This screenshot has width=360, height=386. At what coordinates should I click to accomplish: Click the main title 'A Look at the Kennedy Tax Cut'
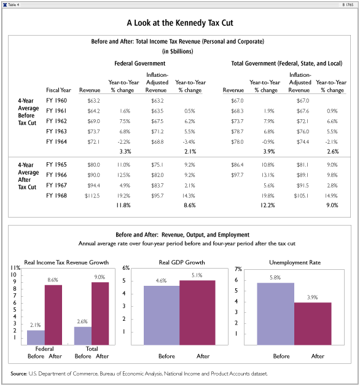[180, 23]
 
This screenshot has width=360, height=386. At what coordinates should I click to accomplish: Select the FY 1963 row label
[57, 132]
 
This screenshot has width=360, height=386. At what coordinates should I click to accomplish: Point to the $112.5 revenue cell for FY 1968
[92, 195]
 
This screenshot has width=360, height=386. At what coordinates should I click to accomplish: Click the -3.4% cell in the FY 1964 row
[189, 142]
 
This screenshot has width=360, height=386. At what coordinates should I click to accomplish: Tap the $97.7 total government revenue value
[237, 175]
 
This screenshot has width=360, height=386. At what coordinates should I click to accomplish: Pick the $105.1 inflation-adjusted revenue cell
[301, 195]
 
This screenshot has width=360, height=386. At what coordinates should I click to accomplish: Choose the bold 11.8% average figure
[123, 205]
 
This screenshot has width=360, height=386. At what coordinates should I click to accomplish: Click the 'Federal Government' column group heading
[140, 63]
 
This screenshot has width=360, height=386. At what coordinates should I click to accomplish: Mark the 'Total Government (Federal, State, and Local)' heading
[287, 63]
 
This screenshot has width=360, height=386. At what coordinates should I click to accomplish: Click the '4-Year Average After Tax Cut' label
[28, 176]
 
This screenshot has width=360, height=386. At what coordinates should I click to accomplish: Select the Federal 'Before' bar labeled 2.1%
[36, 337]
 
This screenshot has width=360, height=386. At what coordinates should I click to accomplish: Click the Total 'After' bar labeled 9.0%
[100, 313]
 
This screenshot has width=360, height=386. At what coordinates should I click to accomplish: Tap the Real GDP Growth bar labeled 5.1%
[197, 313]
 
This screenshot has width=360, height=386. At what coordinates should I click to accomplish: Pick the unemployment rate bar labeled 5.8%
[276, 314]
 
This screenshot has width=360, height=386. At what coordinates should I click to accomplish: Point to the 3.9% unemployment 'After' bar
[313, 324]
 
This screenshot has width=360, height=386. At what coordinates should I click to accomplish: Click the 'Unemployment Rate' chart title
[295, 262]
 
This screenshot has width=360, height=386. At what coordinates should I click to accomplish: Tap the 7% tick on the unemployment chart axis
[238, 269]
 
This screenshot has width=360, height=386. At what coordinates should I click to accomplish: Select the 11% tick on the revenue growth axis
[15, 268]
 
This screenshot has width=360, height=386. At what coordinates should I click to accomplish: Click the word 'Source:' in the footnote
[19, 374]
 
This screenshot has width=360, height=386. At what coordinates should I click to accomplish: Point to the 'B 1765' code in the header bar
[348, 5]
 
